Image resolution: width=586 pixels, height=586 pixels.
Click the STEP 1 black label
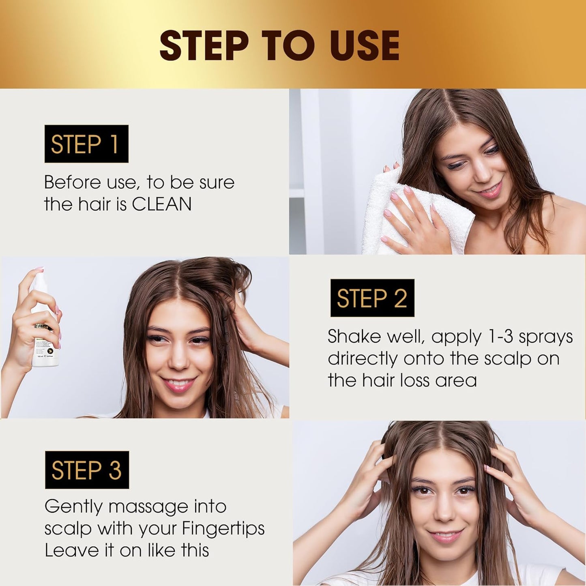click(x=86, y=144)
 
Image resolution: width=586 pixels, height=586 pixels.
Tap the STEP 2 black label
click(x=372, y=298)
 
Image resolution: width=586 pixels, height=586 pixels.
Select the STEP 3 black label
click(x=87, y=470)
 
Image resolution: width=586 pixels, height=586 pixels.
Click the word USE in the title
click(x=364, y=45)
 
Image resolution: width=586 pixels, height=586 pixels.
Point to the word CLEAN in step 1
click(x=162, y=204)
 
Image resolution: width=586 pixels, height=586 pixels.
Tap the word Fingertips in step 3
click(x=223, y=528)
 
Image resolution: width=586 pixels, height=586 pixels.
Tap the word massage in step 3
click(x=148, y=507)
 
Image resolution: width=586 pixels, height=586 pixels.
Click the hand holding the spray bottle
click(x=30, y=316)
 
